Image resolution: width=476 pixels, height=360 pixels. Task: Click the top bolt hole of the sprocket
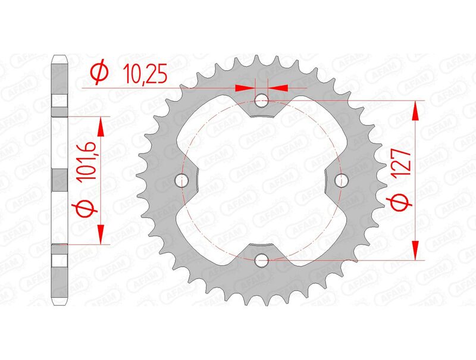tap(262, 101)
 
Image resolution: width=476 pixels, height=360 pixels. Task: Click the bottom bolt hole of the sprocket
tap(262, 259)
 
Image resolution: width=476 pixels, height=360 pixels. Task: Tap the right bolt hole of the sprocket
tap(341, 180)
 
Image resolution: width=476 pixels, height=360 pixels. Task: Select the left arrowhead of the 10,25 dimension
tap(245, 87)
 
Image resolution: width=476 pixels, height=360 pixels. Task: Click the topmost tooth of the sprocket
tap(262, 61)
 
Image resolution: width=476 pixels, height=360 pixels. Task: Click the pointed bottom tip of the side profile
tap(59, 303)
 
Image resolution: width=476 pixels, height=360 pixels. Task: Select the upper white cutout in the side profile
tap(59, 102)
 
